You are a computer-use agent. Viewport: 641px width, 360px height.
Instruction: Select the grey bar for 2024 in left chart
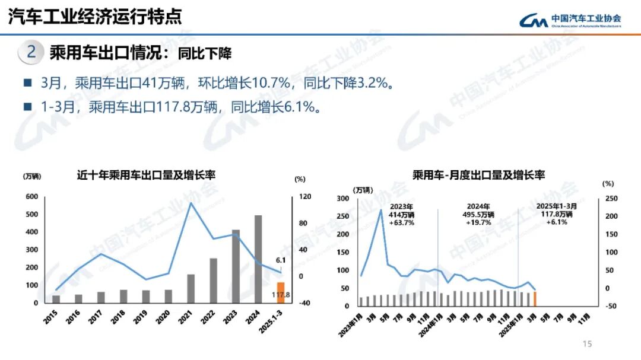[x=258, y=259]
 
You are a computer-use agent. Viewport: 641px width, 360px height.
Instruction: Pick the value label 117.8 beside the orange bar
[x=280, y=295]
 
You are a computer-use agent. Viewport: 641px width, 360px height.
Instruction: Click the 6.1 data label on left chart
[x=281, y=260]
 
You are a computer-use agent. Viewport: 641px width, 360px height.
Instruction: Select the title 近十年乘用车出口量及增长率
[x=146, y=175]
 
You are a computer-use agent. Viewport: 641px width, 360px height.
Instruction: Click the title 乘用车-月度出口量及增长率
[x=479, y=175]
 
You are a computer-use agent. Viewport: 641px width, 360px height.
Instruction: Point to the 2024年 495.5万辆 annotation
[x=478, y=214]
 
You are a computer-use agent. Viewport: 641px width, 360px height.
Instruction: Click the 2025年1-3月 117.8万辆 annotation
[x=554, y=214]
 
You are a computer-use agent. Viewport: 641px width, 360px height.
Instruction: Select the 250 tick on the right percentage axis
[x=611, y=199]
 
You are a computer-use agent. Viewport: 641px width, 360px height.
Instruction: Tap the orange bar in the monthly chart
[x=535, y=298]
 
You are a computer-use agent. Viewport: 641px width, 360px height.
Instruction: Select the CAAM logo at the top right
[x=570, y=21]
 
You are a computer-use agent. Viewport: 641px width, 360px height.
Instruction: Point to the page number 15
[x=588, y=344]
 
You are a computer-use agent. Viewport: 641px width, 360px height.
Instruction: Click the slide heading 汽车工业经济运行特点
[x=95, y=16]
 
